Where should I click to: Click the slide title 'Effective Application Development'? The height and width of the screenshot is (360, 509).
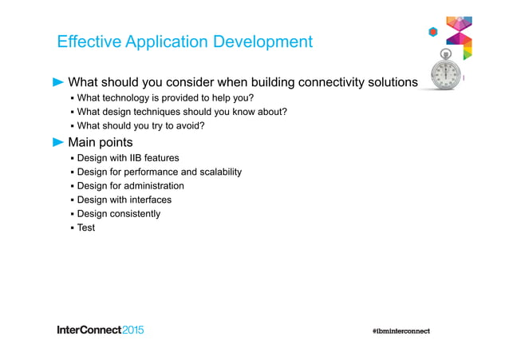[184, 42]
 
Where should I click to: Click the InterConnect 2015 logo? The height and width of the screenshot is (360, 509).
[101, 330]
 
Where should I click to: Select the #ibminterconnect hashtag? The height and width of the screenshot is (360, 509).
[400, 330]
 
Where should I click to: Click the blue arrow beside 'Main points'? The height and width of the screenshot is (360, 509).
[58, 143]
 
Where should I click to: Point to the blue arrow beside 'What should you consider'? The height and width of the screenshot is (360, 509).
[58, 82]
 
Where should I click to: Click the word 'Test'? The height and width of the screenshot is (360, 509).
[86, 227]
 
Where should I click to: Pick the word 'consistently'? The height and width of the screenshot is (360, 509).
[135, 214]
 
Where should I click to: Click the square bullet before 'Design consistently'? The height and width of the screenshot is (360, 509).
[72, 214]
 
